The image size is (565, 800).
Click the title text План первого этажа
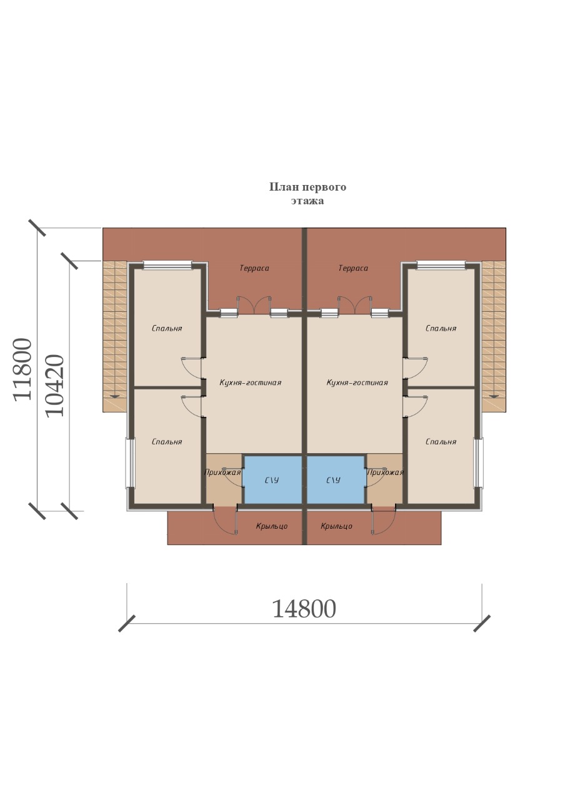click(307, 194)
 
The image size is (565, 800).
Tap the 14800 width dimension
click(304, 609)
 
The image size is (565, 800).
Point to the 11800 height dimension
click(23, 369)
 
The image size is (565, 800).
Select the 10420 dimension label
click(55, 386)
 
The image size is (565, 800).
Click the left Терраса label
click(254, 268)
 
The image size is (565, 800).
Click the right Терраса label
click(353, 268)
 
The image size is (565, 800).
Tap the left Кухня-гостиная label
click(250, 382)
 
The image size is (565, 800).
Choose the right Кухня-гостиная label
click(357, 382)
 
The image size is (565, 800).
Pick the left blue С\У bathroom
click(272, 479)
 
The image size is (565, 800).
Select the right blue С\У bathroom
click(336, 479)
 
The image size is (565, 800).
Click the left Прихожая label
click(222, 472)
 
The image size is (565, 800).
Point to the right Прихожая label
click(385, 472)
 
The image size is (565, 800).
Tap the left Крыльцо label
click(271, 526)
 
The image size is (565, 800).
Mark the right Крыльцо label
click(336, 526)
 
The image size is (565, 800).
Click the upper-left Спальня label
click(167, 328)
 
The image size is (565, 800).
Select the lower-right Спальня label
click(441, 442)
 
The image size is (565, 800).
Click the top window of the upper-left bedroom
click(167, 264)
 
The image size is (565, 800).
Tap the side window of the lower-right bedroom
click(478, 463)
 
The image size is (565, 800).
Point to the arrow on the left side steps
click(115, 396)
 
